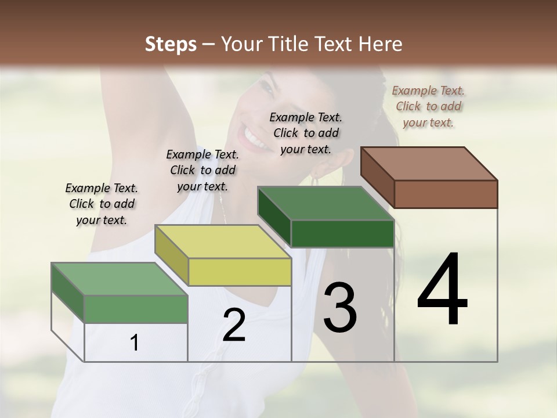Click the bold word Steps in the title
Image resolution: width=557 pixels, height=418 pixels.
171,44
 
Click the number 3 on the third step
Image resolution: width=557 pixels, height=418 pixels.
340,308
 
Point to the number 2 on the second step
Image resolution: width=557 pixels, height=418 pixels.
234,325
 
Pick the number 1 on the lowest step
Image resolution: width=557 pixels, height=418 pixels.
135,343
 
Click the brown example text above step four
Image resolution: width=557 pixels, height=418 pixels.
428,106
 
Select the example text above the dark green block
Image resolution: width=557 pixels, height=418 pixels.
306,133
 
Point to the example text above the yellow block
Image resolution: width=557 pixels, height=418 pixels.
202,170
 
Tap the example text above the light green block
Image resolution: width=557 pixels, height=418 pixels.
102,204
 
